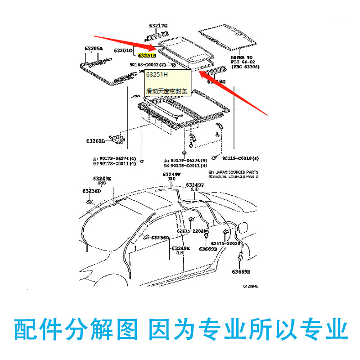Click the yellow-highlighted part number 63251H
click(147, 56)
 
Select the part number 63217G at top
click(158, 25)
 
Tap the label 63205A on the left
click(93, 48)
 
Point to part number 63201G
click(123, 50)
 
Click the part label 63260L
click(96, 141)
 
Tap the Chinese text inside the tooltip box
click(167, 91)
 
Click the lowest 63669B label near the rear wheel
click(241, 272)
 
